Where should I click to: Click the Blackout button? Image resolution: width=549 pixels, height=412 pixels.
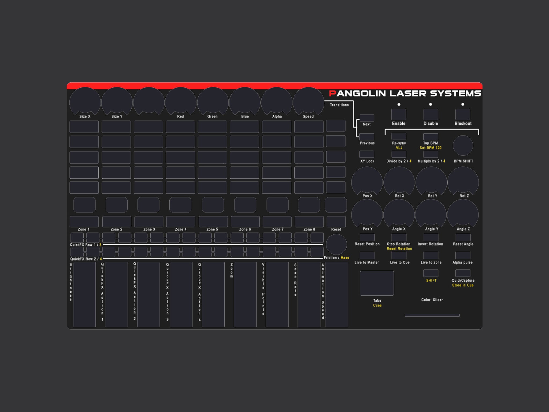point(463,115)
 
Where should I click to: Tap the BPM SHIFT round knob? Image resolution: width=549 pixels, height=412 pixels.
point(463,146)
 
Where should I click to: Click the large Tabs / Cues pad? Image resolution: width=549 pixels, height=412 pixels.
point(377,283)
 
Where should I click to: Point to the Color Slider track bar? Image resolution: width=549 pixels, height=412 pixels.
point(432,315)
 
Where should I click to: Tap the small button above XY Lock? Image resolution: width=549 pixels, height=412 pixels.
point(366,154)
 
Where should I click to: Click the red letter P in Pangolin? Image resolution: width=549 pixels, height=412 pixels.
point(332,93)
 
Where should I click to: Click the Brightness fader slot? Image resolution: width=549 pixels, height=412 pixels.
point(84,294)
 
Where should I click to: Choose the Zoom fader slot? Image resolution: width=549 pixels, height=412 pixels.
point(245,294)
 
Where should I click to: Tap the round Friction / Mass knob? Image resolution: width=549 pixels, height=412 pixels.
point(336,244)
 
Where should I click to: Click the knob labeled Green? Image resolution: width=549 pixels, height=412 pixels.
point(213,101)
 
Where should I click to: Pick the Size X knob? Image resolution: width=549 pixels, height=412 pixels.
point(85,101)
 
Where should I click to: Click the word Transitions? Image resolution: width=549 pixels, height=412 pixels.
point(339,105)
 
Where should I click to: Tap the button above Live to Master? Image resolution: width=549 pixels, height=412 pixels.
point(367,255)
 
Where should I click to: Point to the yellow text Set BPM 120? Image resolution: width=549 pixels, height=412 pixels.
point(431,148)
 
